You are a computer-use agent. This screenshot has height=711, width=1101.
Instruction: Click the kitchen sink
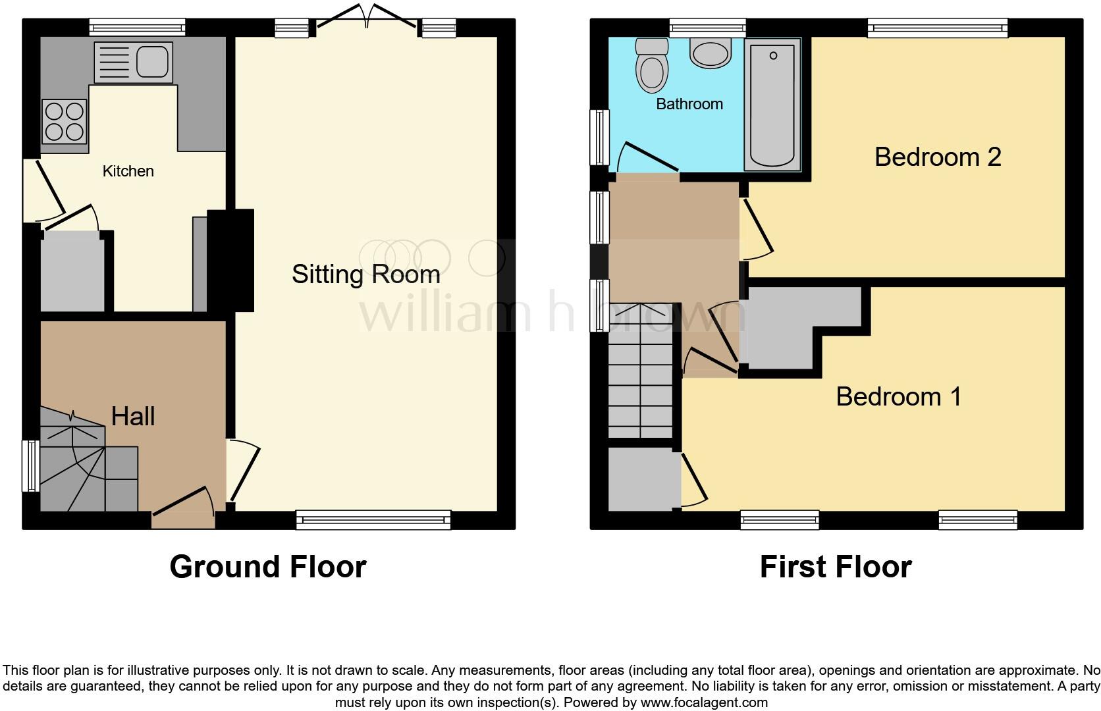tap(134, 63)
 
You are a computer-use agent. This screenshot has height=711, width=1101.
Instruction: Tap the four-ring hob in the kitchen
tap(65, 122)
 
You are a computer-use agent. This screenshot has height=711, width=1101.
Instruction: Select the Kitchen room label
tap(128, 171)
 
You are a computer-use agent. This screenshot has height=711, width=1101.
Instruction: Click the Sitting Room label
tap(365, 275)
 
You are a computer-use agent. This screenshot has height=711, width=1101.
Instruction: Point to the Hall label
tap(133, 416)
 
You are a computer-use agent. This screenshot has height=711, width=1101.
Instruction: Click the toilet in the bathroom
tap(652, 66)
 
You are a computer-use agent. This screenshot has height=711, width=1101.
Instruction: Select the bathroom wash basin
tap(711, 51)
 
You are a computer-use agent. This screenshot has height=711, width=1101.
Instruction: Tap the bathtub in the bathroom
tap(772, 104)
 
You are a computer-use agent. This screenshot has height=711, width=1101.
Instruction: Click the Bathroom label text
tap(689, 104)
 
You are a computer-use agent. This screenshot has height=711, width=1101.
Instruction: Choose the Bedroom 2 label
tap(937, 157)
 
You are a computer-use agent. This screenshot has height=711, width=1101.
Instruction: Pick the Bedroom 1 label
tap(898, 397)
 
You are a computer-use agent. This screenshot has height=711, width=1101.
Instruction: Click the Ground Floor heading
tap(267, 567)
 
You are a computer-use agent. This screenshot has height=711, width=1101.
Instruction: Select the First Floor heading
tap(835, 567)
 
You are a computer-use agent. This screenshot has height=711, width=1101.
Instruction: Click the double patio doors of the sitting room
tap(366, 16)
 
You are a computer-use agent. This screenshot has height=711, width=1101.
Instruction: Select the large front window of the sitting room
tap(373, 520)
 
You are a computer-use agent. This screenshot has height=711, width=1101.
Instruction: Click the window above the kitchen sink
tap(138, 27)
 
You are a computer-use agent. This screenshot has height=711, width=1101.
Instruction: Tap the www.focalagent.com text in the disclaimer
tap(703, 702)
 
